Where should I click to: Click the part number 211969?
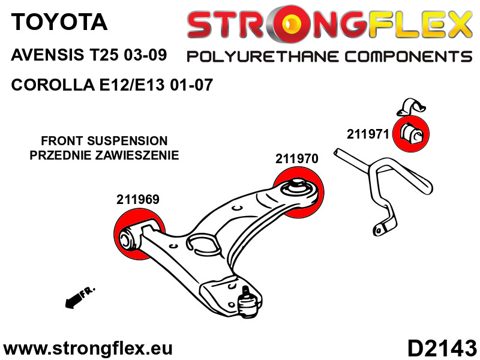click(138, 200)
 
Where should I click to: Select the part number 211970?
click(296, 158)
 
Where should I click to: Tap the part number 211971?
click(368, 134)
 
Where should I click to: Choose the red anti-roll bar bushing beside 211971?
click(411, 134)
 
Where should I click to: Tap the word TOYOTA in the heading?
click(59, 22)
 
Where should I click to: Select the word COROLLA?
click(53, 85)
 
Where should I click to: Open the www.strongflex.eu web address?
click(88, 349)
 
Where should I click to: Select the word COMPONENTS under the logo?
click(409, 56)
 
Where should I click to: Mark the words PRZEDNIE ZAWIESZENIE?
click(104, 155)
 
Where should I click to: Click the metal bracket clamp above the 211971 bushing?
click(411, 107)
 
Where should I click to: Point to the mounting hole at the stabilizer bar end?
click(379, 230)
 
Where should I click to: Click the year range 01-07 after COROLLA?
click(191, 85)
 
